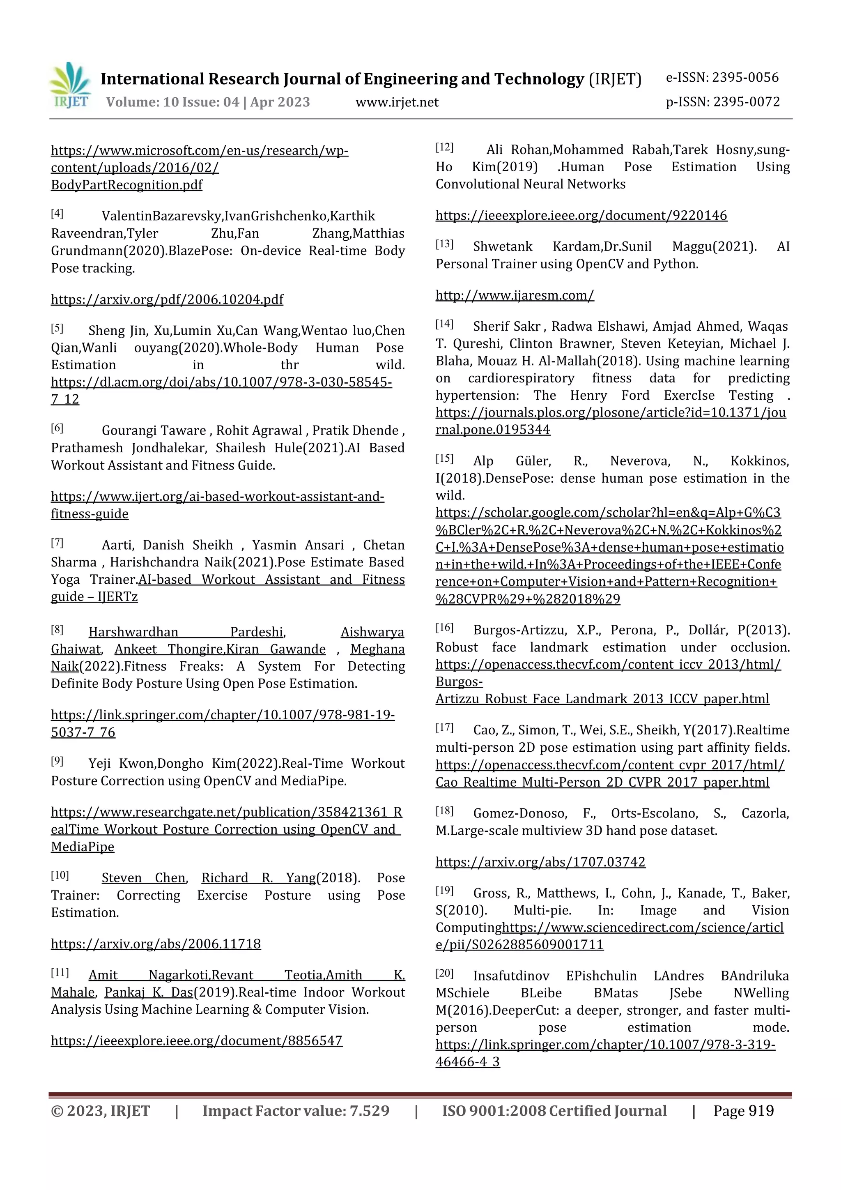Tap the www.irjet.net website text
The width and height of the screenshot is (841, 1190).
[397, 103]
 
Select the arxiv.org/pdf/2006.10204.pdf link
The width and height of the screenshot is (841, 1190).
[167, 299]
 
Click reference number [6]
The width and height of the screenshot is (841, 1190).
[57, 428]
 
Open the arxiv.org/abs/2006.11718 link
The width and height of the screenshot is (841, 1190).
[156, 944]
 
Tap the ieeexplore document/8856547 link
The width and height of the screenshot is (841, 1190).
[196, 1041]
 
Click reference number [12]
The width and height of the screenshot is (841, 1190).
[444, 148]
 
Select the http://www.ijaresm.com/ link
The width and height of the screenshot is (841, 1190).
[515, 295]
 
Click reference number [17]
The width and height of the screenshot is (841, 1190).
[444, 728]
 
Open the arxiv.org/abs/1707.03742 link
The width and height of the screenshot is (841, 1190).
[540, 862]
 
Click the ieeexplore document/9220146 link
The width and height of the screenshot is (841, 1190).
[581, 216]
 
